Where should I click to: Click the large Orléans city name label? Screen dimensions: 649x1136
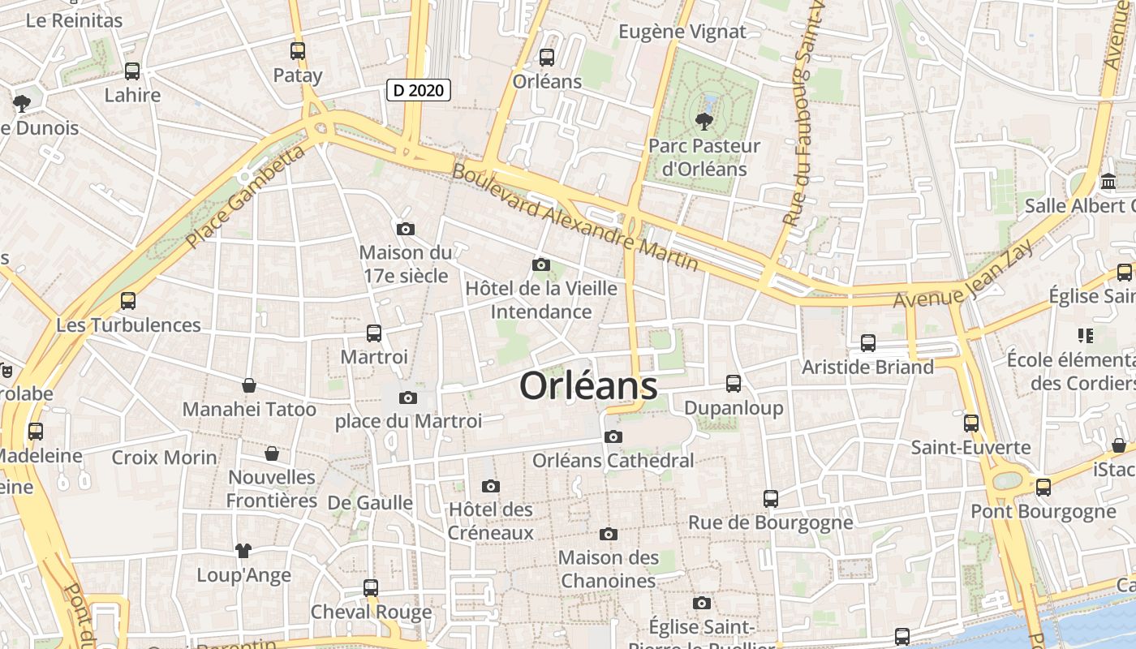[588, 386]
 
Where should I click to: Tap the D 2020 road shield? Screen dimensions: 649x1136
[418, 90]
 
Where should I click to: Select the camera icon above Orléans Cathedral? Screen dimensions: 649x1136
[613, 437]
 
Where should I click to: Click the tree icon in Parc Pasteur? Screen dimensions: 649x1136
[703, 122]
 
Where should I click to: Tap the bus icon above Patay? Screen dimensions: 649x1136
[298, 51]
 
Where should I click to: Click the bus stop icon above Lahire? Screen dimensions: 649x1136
[132, 71]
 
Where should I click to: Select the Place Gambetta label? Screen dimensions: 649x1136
[245, 196]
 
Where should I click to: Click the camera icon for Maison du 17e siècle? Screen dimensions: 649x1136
[406, 230]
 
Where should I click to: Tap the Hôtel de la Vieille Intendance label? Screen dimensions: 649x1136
[541, 300]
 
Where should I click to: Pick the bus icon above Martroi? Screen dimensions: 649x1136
[374, 333]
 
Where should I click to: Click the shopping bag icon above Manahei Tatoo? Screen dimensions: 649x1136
[249, 385]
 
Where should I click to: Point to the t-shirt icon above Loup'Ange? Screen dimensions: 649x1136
[243, 551]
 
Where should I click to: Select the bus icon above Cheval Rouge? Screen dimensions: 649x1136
[371, 587]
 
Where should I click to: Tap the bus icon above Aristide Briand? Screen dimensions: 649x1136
[868, 343]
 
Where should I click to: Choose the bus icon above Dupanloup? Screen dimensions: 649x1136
[734, 384]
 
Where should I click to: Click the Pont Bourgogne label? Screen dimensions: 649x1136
[1043, 512]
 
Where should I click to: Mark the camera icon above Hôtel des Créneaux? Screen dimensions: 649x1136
[490, 487]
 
